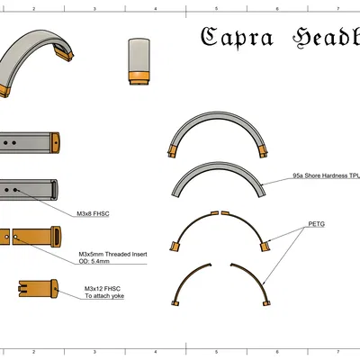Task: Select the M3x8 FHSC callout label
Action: pyautogui.click(x=94, y=214)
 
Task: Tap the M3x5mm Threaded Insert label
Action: pyautogui.click(x=112, y=255)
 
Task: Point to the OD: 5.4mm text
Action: pyautogui.click(x=95, y=263)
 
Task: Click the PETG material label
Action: pyautogui.click(x=316, y=223)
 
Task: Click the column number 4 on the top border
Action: pyautogui.click(x=155, y=7)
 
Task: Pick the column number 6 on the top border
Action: pyautogui.click(x=276, y=7)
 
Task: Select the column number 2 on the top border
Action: pyautogui.click(x=33, y=7)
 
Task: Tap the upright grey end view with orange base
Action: pyautogui.click(x=139, y=61)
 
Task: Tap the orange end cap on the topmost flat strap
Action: pyautogui.click(x=56, y=141)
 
